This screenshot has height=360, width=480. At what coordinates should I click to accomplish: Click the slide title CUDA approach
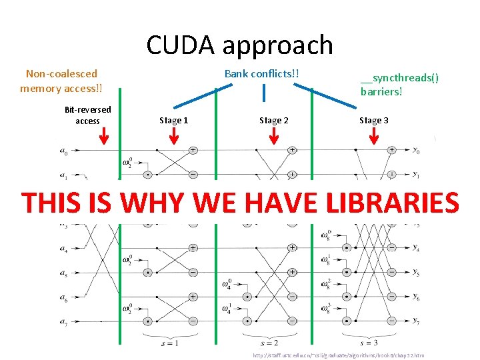239,45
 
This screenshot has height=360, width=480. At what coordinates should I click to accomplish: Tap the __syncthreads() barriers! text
399,85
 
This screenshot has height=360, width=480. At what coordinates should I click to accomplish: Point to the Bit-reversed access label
87,115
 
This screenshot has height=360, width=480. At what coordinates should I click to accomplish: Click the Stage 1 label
173,120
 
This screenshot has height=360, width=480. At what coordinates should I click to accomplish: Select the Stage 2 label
273,120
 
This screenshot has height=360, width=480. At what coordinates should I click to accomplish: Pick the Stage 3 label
373,120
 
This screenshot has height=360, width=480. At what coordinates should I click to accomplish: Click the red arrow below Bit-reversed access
103,137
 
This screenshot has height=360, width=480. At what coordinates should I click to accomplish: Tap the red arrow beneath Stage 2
273,137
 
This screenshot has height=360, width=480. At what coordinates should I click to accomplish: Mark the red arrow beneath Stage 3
373,137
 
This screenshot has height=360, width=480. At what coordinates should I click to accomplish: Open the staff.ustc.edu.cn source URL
338,355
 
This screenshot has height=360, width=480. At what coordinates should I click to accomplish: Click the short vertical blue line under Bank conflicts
265,91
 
